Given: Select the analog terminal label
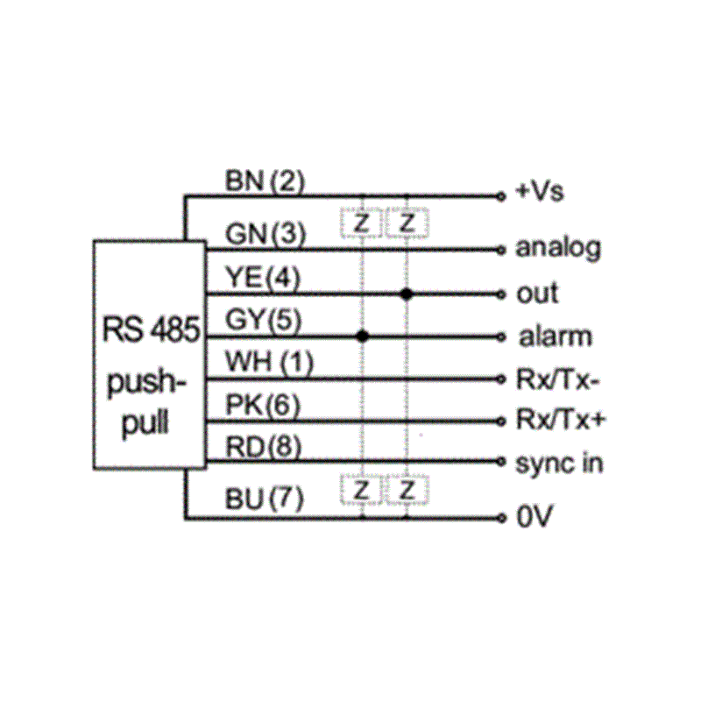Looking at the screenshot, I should point(558,249).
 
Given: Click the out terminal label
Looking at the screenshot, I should point(537,294).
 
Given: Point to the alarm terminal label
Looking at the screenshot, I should point(553,336).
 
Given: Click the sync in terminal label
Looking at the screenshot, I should point(559,463).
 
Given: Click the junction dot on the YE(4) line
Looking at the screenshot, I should point(406,294).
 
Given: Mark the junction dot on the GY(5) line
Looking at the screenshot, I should point(362,336).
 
